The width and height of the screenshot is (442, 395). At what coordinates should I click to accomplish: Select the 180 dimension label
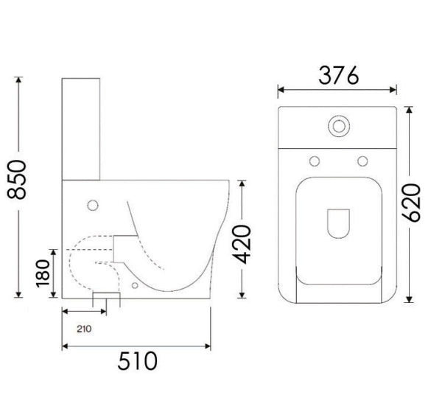pos(43,273)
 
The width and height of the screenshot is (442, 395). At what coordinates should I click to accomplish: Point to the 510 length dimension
pos(136,361)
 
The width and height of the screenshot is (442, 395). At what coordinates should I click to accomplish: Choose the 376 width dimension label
pos(338,75)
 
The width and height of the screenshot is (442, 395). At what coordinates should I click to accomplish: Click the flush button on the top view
pos(340,125)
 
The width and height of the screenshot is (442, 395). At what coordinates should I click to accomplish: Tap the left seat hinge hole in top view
pos(314,161)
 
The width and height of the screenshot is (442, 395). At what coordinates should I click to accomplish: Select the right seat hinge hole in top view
pos(362,161)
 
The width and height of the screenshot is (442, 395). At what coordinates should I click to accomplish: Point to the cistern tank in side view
pos(81,129)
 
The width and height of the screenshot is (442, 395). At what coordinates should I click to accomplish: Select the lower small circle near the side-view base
pos(134,284)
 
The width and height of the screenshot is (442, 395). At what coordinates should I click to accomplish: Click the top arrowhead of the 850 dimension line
pos(18,80)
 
